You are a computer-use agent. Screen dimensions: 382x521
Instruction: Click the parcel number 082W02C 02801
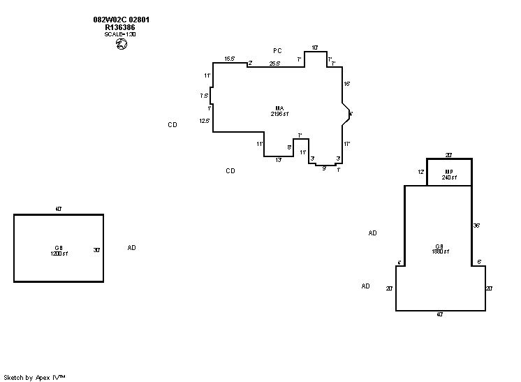click(x=121, y=20)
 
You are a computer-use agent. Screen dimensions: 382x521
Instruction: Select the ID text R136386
click(x=120, y=27)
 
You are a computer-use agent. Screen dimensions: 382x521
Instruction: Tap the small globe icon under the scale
click(x=121, y=44)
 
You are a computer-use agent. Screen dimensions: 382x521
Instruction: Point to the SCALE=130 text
click(x=120, y=34)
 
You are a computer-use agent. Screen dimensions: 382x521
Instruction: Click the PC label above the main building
click(x=277, y=50)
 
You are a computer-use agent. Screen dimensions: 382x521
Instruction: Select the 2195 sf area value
click(x=281, y=113)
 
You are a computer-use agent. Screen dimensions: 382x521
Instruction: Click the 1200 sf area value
click(x=59, y=253)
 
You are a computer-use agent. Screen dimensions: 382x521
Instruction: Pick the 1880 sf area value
click(x=439, y=251)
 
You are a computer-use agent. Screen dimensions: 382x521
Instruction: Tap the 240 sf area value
click(x=449, y=178)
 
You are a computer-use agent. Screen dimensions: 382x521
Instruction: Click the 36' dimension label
click(x=477, y=226)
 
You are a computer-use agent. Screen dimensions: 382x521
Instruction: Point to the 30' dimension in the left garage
click(x=97, y=249)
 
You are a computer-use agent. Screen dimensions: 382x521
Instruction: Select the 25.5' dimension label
click(x=274, y=64)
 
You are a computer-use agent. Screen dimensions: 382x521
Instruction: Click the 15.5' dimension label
click(x=229, y=59)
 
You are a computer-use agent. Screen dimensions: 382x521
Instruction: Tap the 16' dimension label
click(x=346, y=84)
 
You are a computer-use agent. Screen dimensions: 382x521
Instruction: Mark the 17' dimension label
click(x=346, y=144)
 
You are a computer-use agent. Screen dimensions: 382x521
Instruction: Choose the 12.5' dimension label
click(x=205, y=121)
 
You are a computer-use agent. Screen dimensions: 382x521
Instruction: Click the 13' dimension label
click(x=278, y=161)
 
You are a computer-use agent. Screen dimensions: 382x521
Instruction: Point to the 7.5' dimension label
click(x=205, y=96)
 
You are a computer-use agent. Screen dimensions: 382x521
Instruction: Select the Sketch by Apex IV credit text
click(x=35, y=377)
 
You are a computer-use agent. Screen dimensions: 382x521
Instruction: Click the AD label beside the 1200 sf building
click(x=131, y=247)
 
